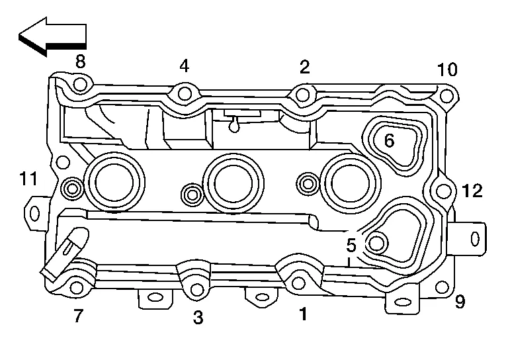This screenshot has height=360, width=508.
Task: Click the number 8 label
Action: (80, 62)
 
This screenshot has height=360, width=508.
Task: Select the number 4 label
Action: (184, 66)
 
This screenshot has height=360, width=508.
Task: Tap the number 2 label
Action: (304, 66)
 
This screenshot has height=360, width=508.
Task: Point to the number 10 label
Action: (446, 70)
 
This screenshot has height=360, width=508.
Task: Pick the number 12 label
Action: (472, 192)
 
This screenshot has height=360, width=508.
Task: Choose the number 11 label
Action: (28, 178)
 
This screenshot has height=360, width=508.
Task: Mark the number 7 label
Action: (79, 316)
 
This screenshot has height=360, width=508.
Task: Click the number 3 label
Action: (198, 318)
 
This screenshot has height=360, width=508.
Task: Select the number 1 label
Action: (303, 314)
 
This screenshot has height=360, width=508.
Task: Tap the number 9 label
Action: (460, 302)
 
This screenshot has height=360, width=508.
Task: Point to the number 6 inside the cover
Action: (389, 140)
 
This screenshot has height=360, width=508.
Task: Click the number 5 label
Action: (351, 245)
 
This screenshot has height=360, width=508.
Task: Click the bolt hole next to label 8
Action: (80, 85)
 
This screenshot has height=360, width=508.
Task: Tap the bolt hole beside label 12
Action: (444, 192)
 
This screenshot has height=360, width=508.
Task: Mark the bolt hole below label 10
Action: (446, 98)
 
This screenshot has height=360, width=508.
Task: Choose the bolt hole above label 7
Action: (77, 287)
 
